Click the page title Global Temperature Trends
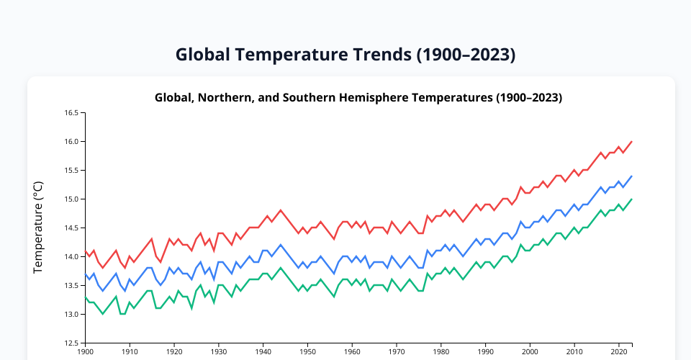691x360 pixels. tap(345, 55)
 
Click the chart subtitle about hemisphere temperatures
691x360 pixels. tap(358, 97)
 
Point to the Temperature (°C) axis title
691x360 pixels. tap(39, 228)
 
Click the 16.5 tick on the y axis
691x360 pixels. tap(72, 113)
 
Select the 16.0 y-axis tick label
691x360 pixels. tap(72, 142)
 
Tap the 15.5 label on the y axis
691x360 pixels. tap(72, 171)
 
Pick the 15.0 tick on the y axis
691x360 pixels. tap(72, 199)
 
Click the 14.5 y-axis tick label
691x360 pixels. tap(72, 228)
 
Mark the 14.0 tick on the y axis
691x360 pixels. tap(72, 257)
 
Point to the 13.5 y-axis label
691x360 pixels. tap(72, 286)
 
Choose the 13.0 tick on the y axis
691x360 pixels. tap(72, 315)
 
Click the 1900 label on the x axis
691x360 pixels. tap(85, 352)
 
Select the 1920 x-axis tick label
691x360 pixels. tap(174, 352)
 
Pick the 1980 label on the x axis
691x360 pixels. tap(441, 352)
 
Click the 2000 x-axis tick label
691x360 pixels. tap(530, 352)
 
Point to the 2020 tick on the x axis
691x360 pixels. tap(619, 352)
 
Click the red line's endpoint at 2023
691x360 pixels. tap(632, 142)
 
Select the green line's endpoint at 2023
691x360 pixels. tap(632, 199)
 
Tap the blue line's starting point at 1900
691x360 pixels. tap(85, 274)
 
